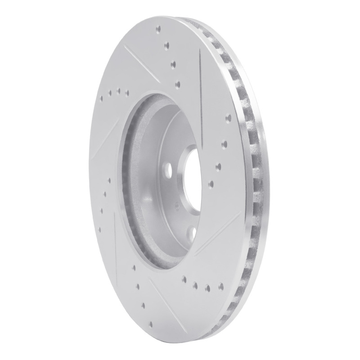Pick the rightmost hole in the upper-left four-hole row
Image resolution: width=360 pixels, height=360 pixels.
pyautogui.click(x=127, y=94)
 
